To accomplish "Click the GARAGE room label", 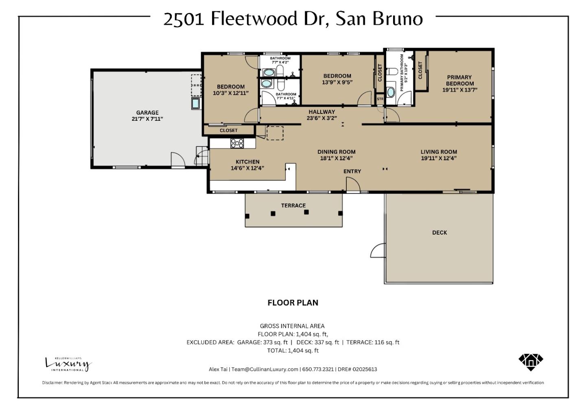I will point(147,113).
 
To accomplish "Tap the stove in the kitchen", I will point(237,143).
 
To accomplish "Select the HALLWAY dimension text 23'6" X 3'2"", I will point(321,118).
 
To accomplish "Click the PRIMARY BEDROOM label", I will point(459,80).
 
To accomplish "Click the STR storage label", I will point(380,99).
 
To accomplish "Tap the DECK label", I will point(439,233).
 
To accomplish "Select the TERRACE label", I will point(293,205).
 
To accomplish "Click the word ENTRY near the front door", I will point(352,171).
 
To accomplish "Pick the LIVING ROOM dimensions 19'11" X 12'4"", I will point(439,158).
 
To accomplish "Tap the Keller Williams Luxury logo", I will point(68,364).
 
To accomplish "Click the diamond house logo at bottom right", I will point(531,361).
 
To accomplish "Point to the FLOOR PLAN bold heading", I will point(293,303).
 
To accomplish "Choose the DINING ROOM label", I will point(336,152).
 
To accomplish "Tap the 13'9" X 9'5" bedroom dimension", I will point(337,82).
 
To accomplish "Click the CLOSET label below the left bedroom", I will point(228,131).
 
